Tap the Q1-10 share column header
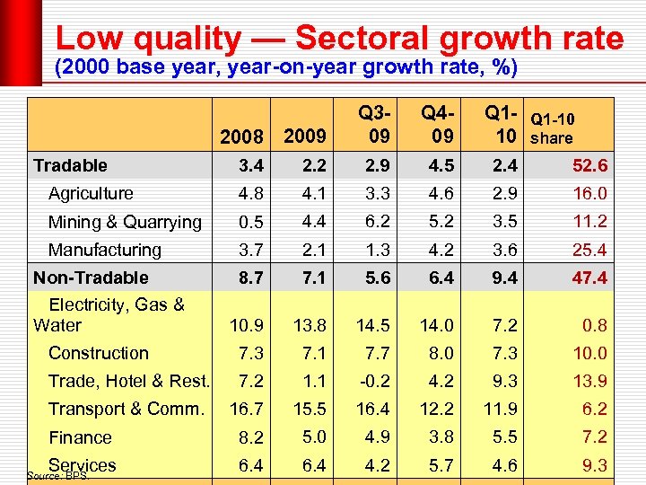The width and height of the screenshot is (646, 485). tap(553, 128)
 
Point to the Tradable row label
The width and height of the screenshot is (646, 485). tap(70, 165)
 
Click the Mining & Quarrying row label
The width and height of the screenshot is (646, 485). tap(125, 222)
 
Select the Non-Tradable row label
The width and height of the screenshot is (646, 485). tap(91, 278)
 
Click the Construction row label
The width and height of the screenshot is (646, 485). tap(99, 353)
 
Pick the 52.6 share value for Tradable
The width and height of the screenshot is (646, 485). tap(589, 165)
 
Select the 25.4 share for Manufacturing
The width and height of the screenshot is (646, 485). tap(589, 250)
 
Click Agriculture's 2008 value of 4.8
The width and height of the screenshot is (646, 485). tap(251, 193)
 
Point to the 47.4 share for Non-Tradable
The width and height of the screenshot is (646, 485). tap(589, 278)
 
